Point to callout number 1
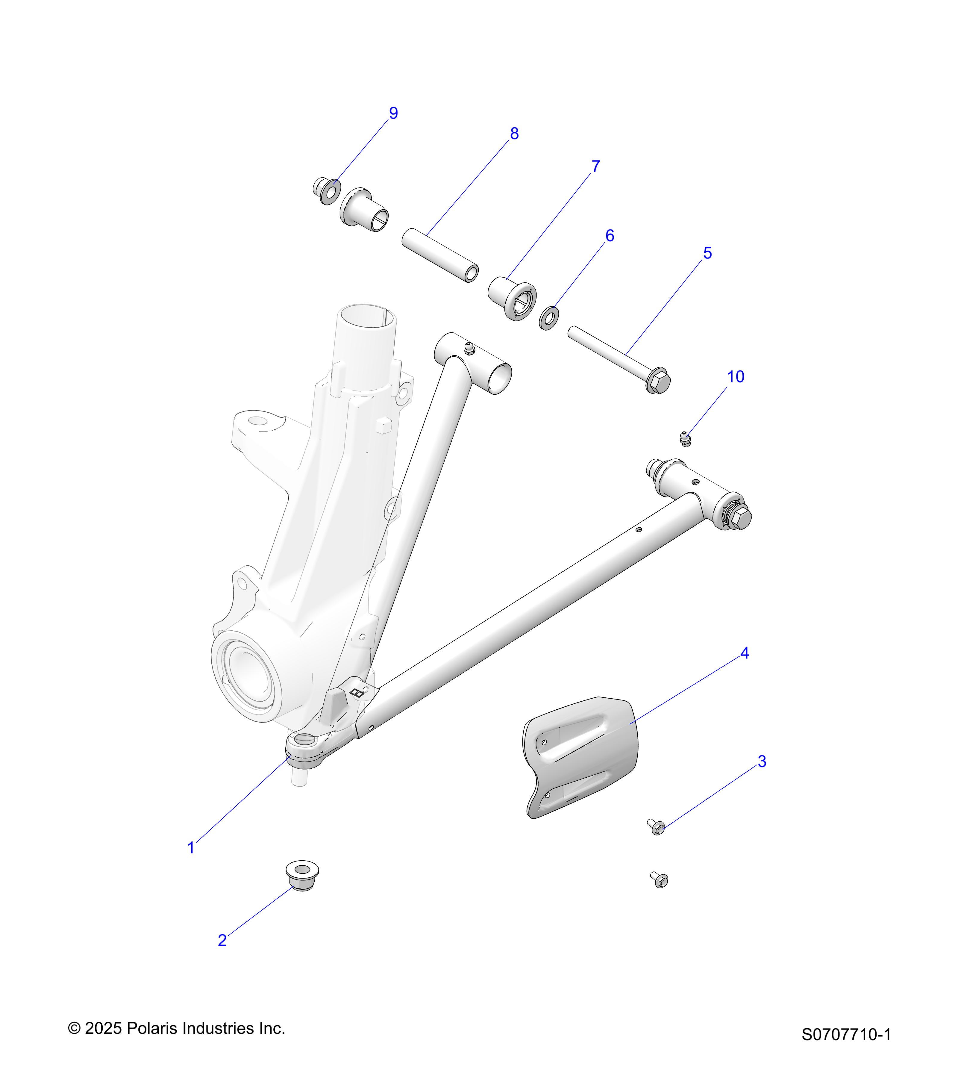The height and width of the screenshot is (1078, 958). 191,848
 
